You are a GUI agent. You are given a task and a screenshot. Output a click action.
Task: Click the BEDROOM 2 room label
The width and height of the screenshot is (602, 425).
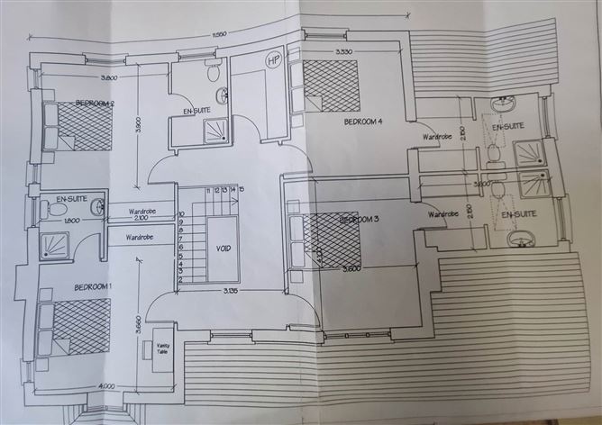click(x=100, y=102)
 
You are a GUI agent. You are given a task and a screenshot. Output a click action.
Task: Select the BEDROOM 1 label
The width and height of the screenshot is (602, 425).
click(x=75, y=287)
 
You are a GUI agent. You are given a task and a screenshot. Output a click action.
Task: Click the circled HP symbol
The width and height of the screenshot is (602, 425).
click(x=273, y=59)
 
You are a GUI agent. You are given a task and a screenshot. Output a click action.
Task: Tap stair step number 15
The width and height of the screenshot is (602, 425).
click(x=242, y=190)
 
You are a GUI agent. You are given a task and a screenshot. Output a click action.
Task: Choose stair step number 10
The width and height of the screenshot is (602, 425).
click(x=182, y=215)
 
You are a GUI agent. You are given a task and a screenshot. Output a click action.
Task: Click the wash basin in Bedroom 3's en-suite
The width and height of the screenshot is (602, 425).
click(x=521, y=239)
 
